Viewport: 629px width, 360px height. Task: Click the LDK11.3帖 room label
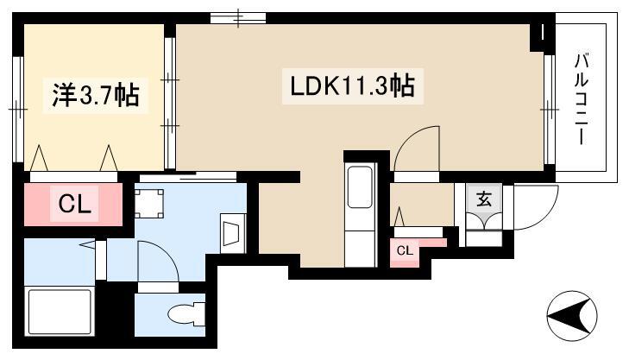click(x=352, y=86)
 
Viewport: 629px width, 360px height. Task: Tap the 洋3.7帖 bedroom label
click(x=96, y=96)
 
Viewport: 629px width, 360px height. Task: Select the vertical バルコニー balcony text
click(x=582, y=98)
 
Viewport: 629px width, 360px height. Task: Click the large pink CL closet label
click(x=74, y=204)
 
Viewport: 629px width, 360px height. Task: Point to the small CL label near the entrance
click(x=405, y=251)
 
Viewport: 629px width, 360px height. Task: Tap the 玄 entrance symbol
click(x=484, y=199)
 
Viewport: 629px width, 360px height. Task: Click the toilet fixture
click(x=187, y=314)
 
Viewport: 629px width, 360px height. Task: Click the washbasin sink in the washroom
click(x=233, y=234)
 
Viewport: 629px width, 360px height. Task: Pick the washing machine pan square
click(x=148, y=203)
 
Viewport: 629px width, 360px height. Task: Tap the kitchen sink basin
click(x=360, y=187)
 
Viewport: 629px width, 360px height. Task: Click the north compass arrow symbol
click(x=572, y=315)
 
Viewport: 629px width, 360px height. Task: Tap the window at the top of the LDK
click(x=238, y=18)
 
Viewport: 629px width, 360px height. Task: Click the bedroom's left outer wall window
click(x=18, y=109)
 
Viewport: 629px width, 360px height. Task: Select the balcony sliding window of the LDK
click(x=550, y=109)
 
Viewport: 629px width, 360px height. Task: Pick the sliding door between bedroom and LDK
click(x=170, y=103)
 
